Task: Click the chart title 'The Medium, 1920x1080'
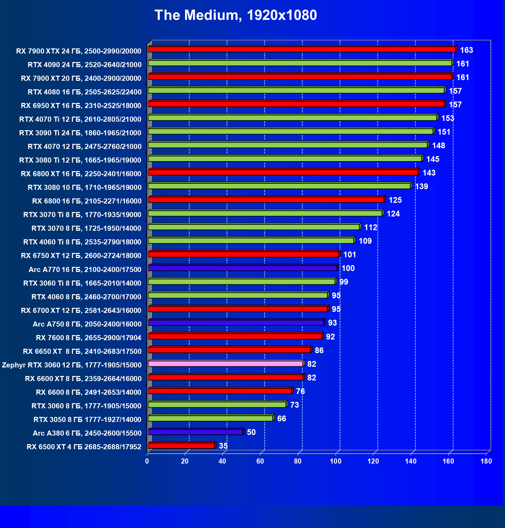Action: click(x=236, y=15)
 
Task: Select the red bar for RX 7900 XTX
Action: click(x=302, y=49)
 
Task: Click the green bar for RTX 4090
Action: click(x=300, y=63)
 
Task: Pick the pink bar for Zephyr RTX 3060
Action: click(x=226, y=364)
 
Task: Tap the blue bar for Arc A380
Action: click(x=196, y=432)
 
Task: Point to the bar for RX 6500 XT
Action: click(x=181, y=446)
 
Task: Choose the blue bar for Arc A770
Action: click(x=243, y=268)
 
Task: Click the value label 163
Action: click(x=466, y=50)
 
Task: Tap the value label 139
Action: click(x=421, y=186)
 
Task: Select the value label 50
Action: click(x=251, y=432)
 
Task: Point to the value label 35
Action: click(x=223, y=446)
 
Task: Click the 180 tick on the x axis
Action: click(x=486, y=461)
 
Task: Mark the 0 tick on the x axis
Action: click(x=147, y=461)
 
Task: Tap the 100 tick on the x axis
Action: click(x=336, y=461)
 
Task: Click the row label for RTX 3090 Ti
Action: click(x=80, y=133)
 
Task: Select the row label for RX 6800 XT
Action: click(x=81, y=174)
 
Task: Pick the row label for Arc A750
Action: click(x=87, y=324)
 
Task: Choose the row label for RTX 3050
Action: click(x=87, y=419)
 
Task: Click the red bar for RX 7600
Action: click(x=235, y=336)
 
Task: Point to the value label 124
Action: click(x=393, y=214)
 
